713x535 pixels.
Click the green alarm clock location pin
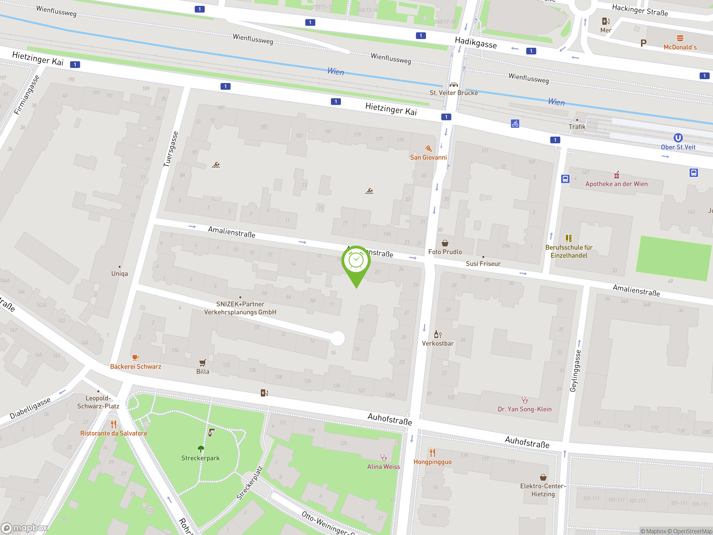coord(356,261)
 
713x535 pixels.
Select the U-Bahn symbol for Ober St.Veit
coord(678,138)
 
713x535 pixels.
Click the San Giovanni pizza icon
coord(428,148)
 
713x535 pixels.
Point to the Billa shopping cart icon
coord(202,363)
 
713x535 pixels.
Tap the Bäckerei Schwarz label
coord(135,367)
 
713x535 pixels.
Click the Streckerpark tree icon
coord(201,449)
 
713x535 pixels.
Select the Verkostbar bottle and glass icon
coord(438,334)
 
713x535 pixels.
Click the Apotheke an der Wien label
coord(616,184)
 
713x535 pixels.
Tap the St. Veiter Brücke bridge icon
coord(453,85)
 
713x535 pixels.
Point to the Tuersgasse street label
coord(170,149)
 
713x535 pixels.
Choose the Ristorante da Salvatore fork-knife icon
coord(113,424)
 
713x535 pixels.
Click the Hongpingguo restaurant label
coord(432,462)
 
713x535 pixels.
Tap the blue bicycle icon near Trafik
coord(515,123)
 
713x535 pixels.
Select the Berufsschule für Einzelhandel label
coord(569,252)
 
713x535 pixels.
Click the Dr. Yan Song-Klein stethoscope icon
coord(525,400)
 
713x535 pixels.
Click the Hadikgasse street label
coord(475,43)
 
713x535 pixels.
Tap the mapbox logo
coord(25,528)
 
